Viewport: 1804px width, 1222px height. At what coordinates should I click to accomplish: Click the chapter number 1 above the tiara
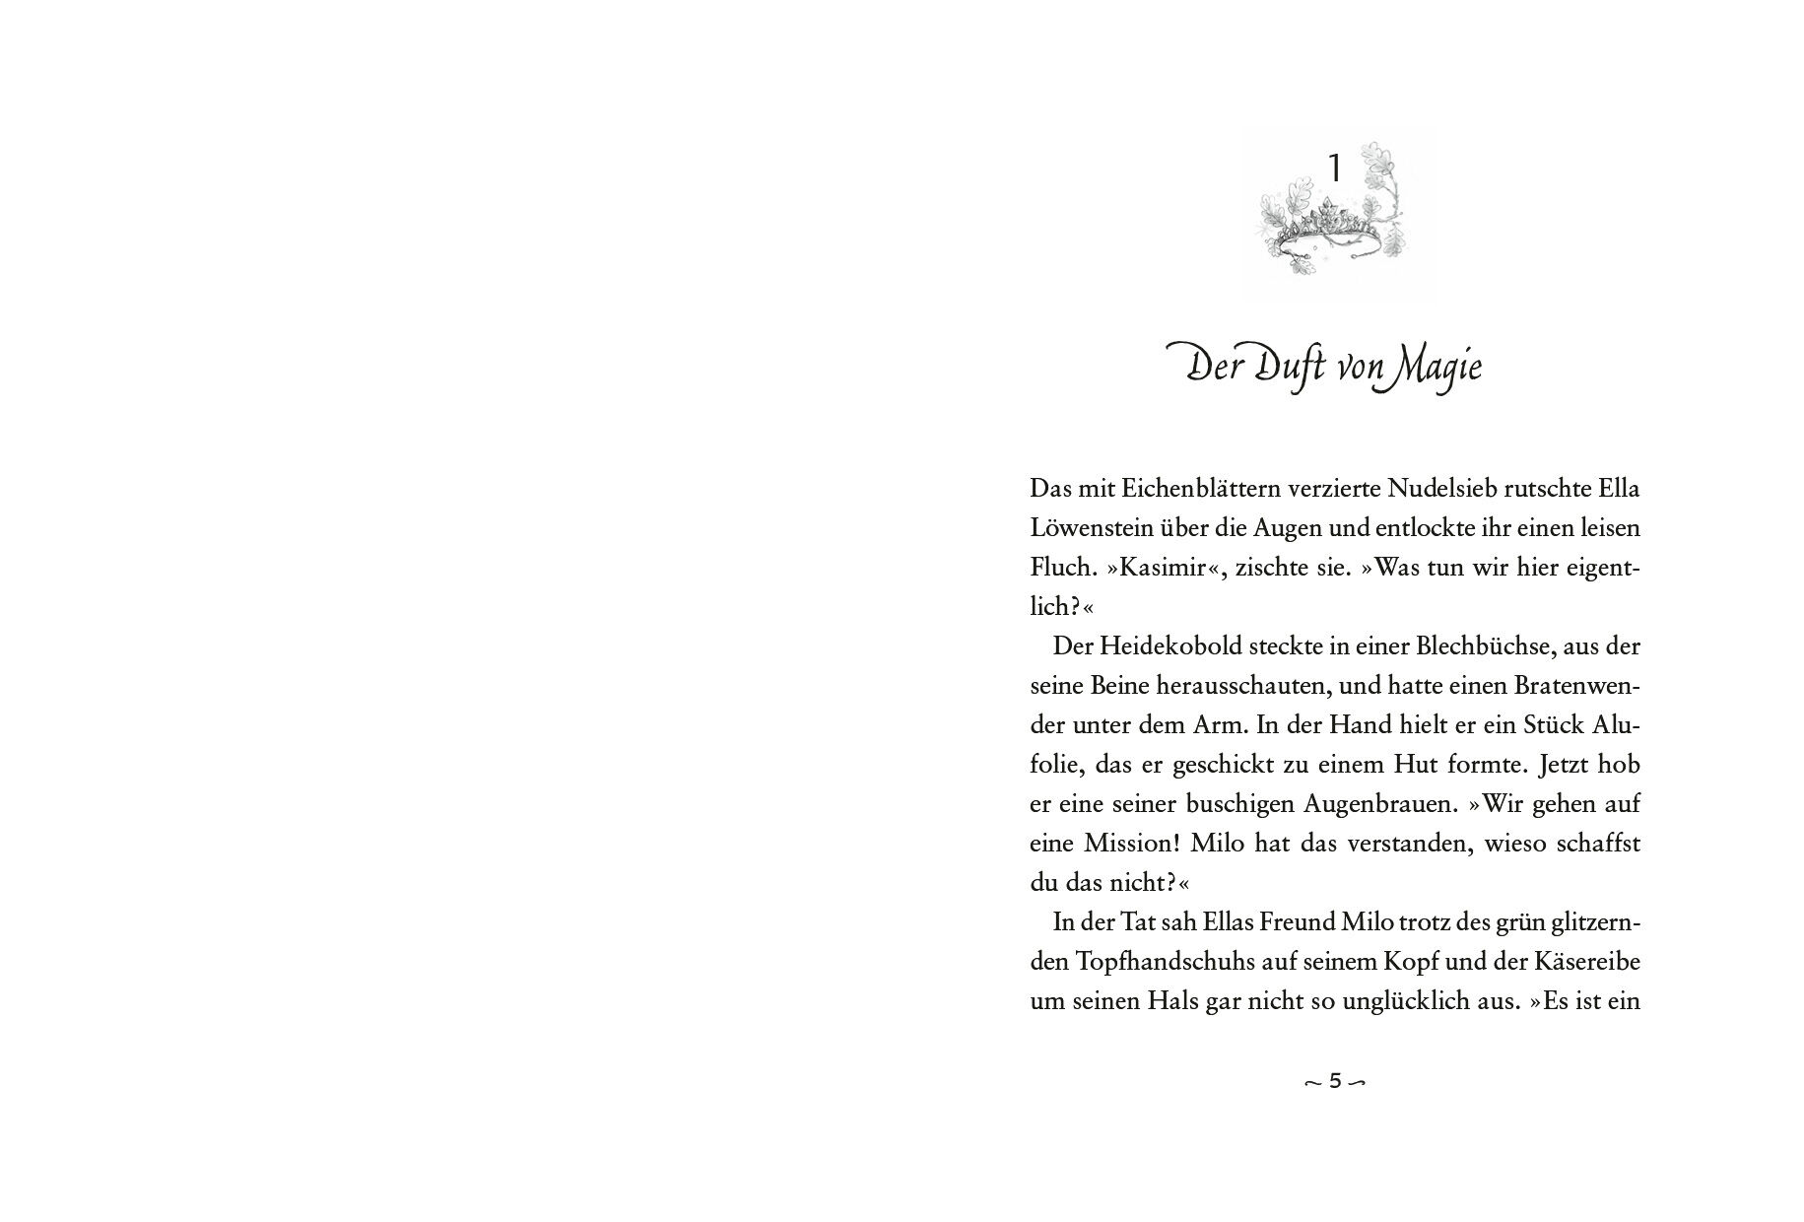point(1334,170)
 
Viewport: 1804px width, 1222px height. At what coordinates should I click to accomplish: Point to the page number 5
point(1335,1081)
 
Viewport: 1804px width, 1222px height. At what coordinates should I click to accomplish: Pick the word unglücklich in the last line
point(1405,1002)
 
